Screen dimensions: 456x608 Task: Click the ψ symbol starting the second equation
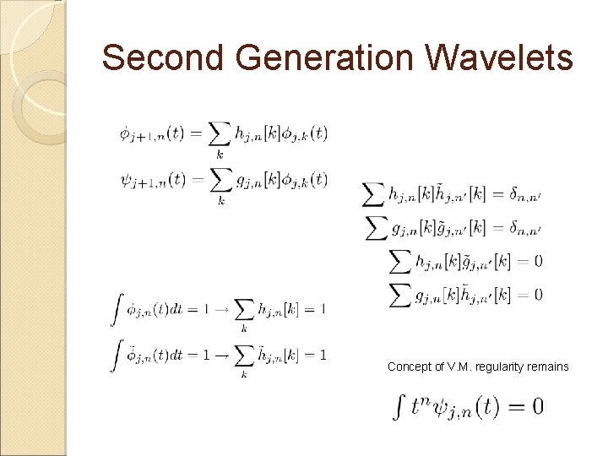coord(125,179)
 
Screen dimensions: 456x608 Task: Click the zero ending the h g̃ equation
coord(538,261)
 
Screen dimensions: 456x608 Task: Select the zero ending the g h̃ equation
coord(538,295)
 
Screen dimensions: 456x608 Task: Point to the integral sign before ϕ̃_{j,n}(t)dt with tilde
coord(117,354)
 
